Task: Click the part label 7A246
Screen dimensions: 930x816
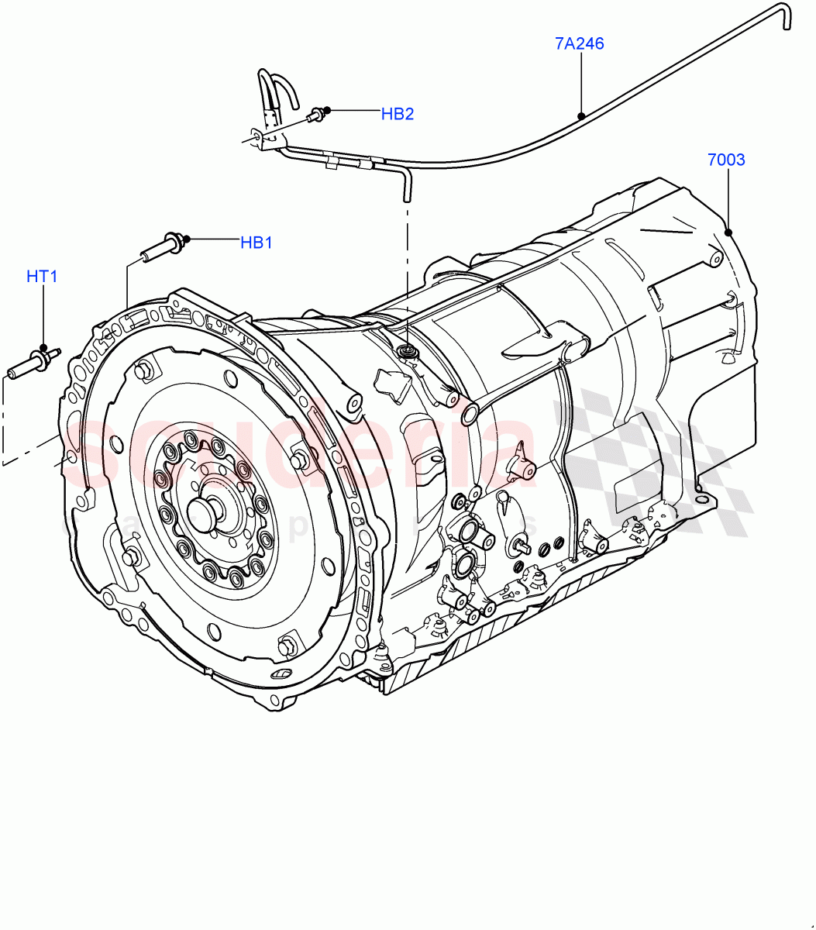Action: pyautogui.click(x=579, y=44)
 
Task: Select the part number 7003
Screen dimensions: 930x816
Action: pyautogui.click(x=725, y=160)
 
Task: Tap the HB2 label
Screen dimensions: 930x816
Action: pyautogui.click(x=397, y=115)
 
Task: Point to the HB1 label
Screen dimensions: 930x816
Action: pyautogui.click(x=256, y=243)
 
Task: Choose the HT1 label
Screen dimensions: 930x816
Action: pyautogui.click(x=42, y=277)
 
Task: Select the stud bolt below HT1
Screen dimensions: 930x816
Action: pyautogui.click(x=33, y=363)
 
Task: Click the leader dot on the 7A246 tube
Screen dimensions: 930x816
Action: pyautogui.click(x=580, y=115)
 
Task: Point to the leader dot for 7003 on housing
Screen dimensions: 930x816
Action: pyautogui.click(x=728, y=232)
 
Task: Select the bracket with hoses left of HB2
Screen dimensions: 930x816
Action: pyautogui.click(x=271, y=112)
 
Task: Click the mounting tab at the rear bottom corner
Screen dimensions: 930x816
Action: pyautogui.click(x=705, y=496)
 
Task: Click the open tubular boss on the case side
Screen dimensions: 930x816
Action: pyautogui.click(x=469, y=413)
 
